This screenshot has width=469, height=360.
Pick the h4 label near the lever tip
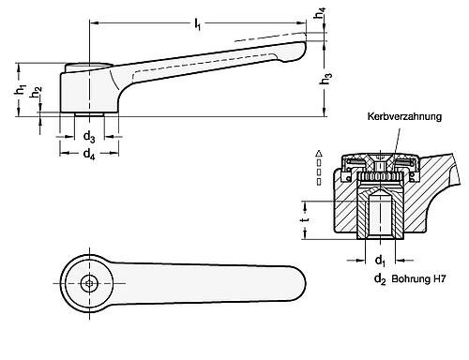click(x=321, y=16)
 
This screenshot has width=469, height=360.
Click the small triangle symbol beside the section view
click(x=320, y=153)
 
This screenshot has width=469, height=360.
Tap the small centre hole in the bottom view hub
click(x=90, y=284)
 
